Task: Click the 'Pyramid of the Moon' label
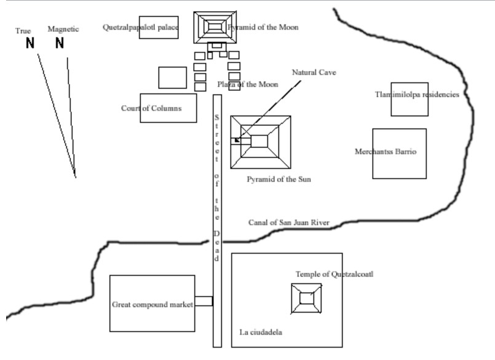[x=263, y=28]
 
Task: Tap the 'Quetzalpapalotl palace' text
[x=140, y=28]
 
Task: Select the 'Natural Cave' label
[x=314, y=72]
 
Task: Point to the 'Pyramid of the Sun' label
[x=279, y=179]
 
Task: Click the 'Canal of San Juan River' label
[x=289, y=222]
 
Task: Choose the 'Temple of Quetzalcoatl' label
[x=335, y=274]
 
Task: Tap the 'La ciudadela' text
[x=261, y=332]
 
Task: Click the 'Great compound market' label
[x=152, y=305]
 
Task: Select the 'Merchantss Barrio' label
[x=386, y=152]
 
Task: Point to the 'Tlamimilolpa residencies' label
[x=417, y=95]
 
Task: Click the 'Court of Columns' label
[x=151, y=108]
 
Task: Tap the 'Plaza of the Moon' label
[x=247, y=84]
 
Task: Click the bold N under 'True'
[x=30, y=42]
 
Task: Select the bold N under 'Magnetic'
[x=60, y=42]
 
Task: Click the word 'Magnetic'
[x=63, y=29]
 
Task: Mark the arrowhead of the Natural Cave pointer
[x=237, y=140]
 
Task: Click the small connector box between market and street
[x=204, y=301]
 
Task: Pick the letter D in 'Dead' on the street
[x=216, y=234]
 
